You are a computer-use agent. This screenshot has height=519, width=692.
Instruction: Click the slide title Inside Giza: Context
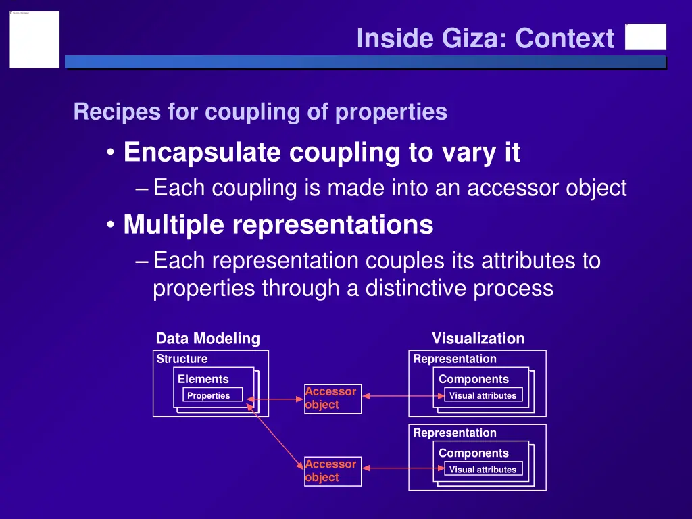pos(485,39)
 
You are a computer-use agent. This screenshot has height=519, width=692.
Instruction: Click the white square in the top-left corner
pos(34,39)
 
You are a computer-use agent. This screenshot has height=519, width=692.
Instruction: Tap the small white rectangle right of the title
pos(645,37)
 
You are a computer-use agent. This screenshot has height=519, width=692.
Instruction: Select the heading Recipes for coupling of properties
pos(260,112)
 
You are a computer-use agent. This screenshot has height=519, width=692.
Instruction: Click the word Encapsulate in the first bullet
pos(202,153)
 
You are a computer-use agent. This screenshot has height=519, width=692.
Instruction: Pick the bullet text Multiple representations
pos(278,224)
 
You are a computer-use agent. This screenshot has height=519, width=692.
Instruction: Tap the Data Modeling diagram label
pos(207,339)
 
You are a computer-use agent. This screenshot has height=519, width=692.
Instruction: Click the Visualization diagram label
pos(478,339)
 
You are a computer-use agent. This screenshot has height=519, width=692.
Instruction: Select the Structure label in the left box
pos(182,359)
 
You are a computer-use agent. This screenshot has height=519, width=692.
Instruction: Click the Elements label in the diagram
pos(203,379)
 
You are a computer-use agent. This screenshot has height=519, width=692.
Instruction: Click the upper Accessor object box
pos(332,398)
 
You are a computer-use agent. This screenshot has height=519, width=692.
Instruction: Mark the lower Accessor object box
pos(332,471)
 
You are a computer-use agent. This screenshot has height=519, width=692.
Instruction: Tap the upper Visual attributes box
pos(483,395)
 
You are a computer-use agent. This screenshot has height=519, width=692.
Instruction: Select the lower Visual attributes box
pos(483,469)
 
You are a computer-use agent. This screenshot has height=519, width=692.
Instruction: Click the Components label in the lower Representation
pos(473,453)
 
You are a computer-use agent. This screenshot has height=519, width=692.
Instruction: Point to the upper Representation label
pos(454,359)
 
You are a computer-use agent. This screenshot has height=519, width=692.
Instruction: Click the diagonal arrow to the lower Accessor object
pos(277,436)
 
